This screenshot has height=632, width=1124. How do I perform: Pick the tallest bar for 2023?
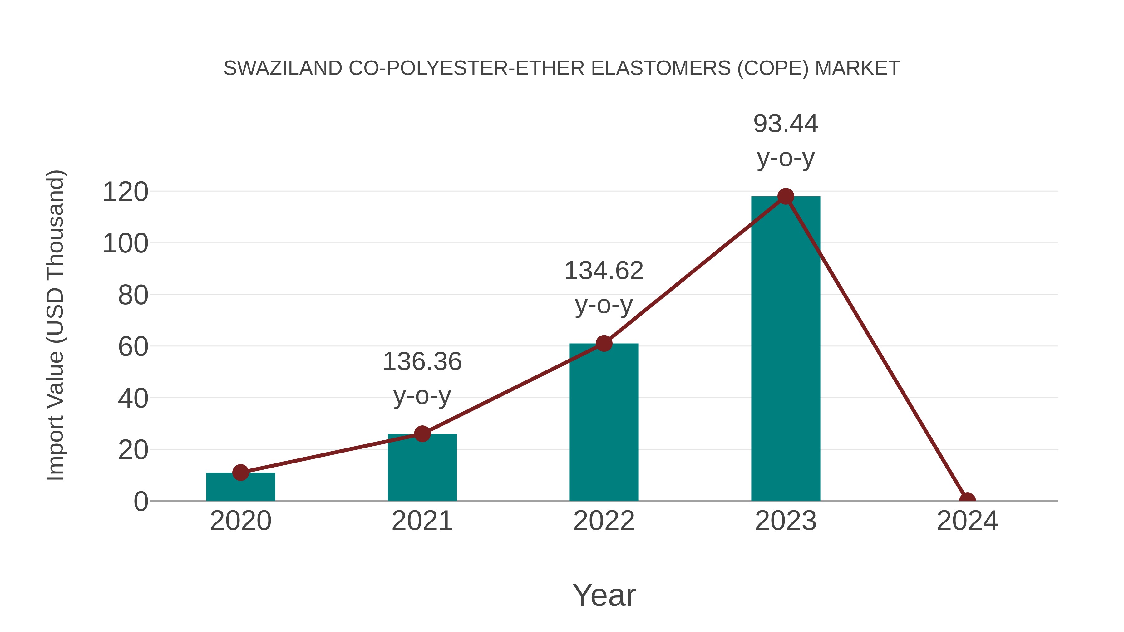tap(786, 349)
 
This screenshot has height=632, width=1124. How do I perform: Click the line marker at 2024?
tap(967, 500)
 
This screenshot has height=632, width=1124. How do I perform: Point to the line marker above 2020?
tap(240, 473)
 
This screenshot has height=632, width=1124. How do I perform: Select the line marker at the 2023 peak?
tap(786, 197)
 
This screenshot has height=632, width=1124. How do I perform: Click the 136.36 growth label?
tap(422, 362)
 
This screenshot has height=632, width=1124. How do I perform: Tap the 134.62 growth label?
tap(604, 271)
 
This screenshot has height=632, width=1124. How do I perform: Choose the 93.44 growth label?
tap(786, 124)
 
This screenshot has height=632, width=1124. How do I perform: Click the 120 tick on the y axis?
tap(125, 192)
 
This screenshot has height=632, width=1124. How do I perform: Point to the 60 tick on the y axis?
tap(133, 347)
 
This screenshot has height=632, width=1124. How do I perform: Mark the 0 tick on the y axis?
tap(140, 502)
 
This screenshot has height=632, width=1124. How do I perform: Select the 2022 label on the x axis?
tap(604, 521)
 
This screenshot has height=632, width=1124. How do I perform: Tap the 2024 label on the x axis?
tap(967, 521)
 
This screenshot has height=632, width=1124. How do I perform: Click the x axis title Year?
tap(604, 595)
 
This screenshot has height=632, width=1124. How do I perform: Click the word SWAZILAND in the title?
tap(283, 68)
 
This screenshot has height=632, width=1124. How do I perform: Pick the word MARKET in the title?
tap(857, 68)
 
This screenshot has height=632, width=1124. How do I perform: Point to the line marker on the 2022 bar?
tap(604, 344)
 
